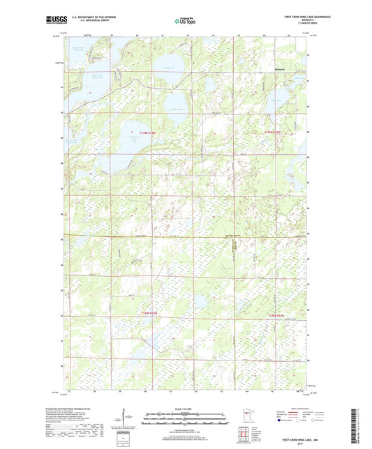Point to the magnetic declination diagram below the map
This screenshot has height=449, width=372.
[124, 418]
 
